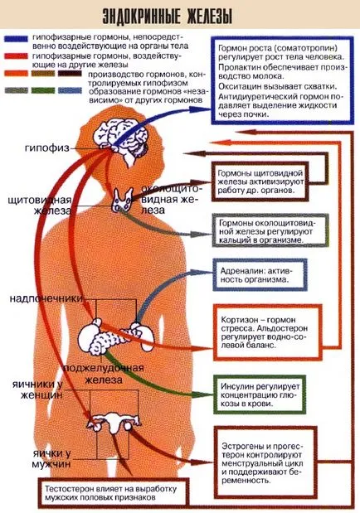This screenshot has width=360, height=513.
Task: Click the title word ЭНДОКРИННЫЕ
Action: pos(142,16)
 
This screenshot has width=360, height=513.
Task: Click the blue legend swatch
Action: pos(16,39)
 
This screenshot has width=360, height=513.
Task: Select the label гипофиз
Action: pos(47,148)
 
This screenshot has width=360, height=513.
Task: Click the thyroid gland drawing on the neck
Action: pos(123,199)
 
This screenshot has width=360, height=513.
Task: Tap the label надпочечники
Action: pos(46,298)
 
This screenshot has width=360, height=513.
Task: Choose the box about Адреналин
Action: pos(260,275)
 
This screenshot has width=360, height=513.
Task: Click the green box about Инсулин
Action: pos(260,394)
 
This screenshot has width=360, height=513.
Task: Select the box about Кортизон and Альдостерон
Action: pos(268,332)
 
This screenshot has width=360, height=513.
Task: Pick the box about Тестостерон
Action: pos(114,493)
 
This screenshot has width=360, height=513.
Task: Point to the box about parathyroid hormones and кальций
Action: pos(270,230)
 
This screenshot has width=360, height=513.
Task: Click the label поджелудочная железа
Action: pos(104,374)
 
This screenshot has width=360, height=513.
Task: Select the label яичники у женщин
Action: pos(37,390)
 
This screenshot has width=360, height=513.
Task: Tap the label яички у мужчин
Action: pos(51,458)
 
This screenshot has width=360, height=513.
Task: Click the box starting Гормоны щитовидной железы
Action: pos(260,181)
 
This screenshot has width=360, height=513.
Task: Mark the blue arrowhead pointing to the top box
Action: pos(198,109)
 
